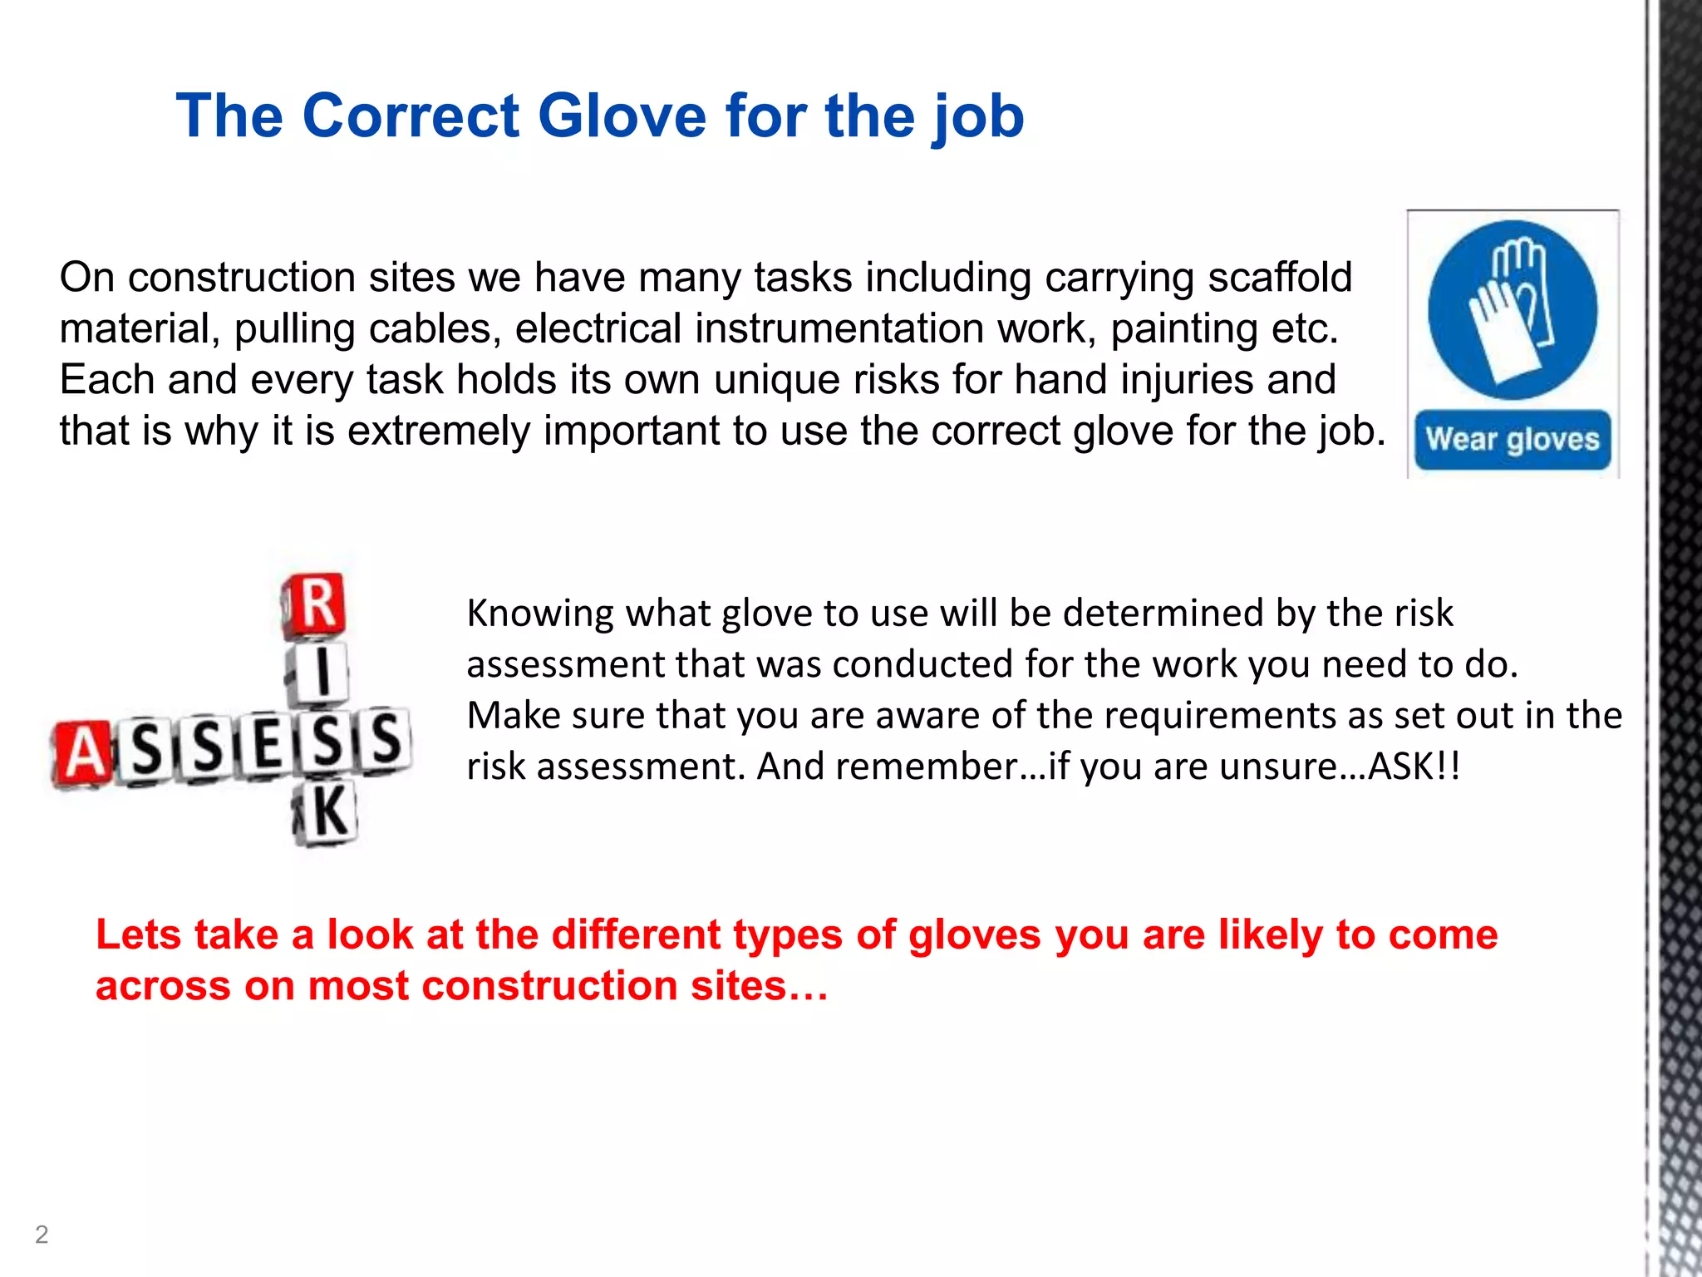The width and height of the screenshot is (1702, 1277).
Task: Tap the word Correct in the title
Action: pyautogui.click(x=411, y=116)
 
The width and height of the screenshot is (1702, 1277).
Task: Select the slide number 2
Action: pyautogui.click(x=42, y=1235)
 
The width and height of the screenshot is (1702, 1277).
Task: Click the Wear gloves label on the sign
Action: pyautogui.click(x=1513, y=439)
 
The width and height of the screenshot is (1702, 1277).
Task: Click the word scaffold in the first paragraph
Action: pyautogui.click(x=1280, y=278)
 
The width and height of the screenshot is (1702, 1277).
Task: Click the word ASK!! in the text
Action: pyautogui.click(x=1414, y=767)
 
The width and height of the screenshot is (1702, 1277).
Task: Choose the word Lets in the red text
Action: pyautogui.click(x=138, y=934)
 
